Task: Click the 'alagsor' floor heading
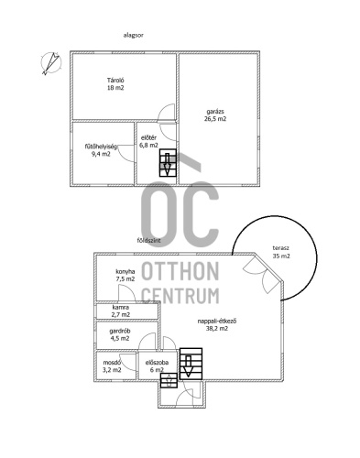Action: (133, 35)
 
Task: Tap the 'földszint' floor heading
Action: (148, 241)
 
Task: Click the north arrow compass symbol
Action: (51, 63)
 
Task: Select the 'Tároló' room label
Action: (115, 81)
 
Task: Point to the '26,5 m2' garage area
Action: (215, 119)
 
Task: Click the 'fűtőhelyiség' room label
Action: (101, 147)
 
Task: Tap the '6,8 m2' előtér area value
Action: (148, 146)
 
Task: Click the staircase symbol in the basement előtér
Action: (168, 162)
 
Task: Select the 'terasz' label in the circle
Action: (281, 248)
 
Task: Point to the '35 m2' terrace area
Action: (281, 256)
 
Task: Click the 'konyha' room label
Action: (125, 271)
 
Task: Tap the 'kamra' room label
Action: (121, 308)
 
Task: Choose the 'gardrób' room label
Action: (120, 331)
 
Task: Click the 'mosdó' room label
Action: (113, 363)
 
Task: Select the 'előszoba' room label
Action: (157, 363)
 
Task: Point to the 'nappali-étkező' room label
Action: (217, 322)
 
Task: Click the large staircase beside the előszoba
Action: (191, 364)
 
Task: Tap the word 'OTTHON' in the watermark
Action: (180, 271)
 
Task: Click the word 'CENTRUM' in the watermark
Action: (180, 296)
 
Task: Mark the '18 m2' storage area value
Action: (115, 88)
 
